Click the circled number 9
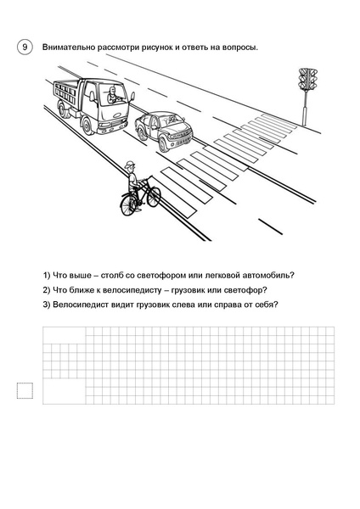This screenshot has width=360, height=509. pyautogui.click(x=25, y=48)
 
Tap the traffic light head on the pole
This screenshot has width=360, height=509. pyautogui.click(x=307, y=79)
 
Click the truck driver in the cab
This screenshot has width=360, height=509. pyautogui.click(x=112, y=95)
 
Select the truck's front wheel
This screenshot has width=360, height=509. pyautogui.click(x=87, y=126)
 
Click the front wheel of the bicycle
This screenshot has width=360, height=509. pyautogui.click(x=154, y=197)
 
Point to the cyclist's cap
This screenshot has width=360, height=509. pyautogui.click(x=129, y=165)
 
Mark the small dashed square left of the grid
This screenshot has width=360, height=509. pyautogui.click(x=25, y=390)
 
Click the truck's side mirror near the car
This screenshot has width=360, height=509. pyautogui.click(x=132, y=97)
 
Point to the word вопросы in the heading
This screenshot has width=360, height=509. pyautogui.click(x=240, y=48)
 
